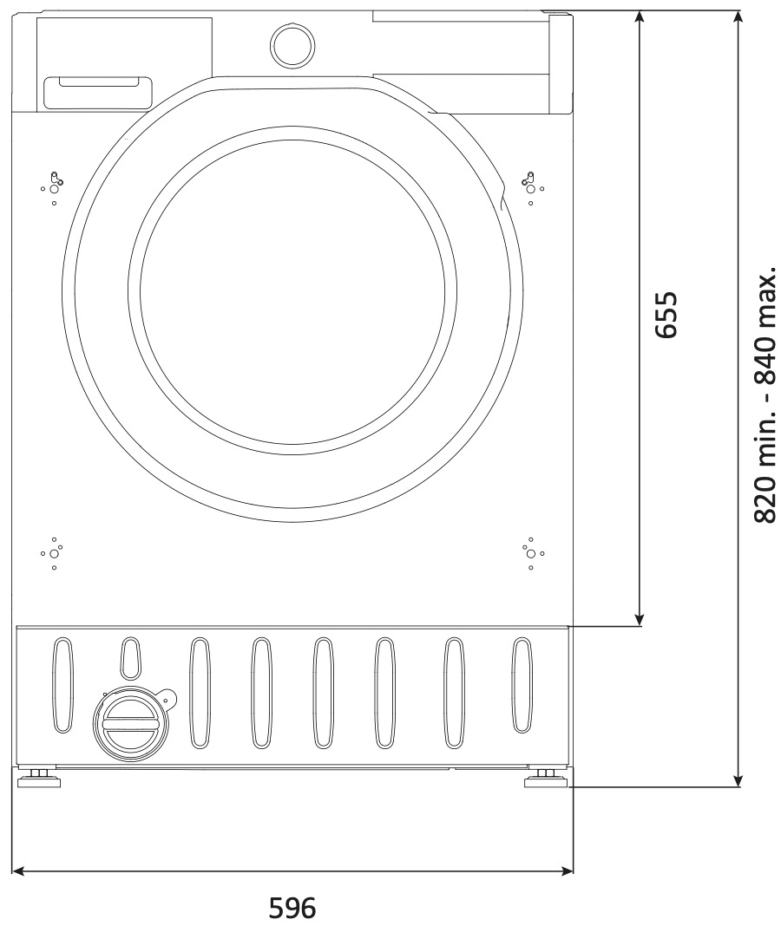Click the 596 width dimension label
[x=292, y=907]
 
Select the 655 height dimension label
[x=667, y=314]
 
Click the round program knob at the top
[x=292, y=45]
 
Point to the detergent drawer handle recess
[x=98, y=94]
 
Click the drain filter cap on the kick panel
[x=131, y=725]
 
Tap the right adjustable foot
[x=546, y=779]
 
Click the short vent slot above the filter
[x=131, y=658]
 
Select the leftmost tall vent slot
[x=62, y=684]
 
